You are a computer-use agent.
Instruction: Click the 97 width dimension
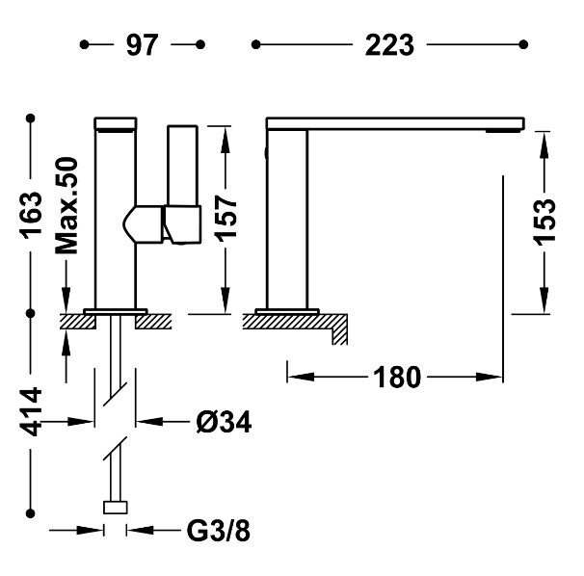point(143,45)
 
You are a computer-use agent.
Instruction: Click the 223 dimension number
point(389,45)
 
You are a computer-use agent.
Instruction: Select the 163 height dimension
point(31,215)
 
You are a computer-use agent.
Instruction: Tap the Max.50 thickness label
point(66,206)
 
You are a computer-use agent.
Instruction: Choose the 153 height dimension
point(544,223)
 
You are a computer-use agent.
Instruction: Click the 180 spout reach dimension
point(397,378)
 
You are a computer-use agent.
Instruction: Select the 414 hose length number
point(31,411)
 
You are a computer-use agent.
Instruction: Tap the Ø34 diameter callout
point(224,422)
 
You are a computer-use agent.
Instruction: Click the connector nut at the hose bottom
point(116,508)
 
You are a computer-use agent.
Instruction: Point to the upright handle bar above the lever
point(182,166)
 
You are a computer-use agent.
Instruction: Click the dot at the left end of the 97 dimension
point(84,44)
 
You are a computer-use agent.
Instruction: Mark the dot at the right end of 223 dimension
point(523,44)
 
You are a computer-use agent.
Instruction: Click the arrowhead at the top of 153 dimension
point(544,144)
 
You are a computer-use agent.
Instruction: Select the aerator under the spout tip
point(503,131)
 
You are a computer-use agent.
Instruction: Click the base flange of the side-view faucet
point(287,311)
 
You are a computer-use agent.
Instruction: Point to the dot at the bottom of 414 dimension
point(31,513)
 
